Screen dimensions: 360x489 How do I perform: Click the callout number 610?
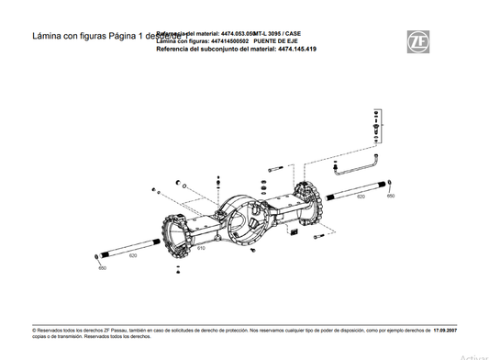tap(201, 249)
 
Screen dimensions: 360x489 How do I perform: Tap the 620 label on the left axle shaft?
tap(133, 255)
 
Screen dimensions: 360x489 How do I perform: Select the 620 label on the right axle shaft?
tap(361, 197)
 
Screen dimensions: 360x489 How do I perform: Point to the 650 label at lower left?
tap(102, 268)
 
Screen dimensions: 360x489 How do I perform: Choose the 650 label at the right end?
tap(391, 196)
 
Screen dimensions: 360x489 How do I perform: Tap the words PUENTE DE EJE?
tap(282, 41)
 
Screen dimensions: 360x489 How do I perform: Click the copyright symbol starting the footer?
tap(33, 327)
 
